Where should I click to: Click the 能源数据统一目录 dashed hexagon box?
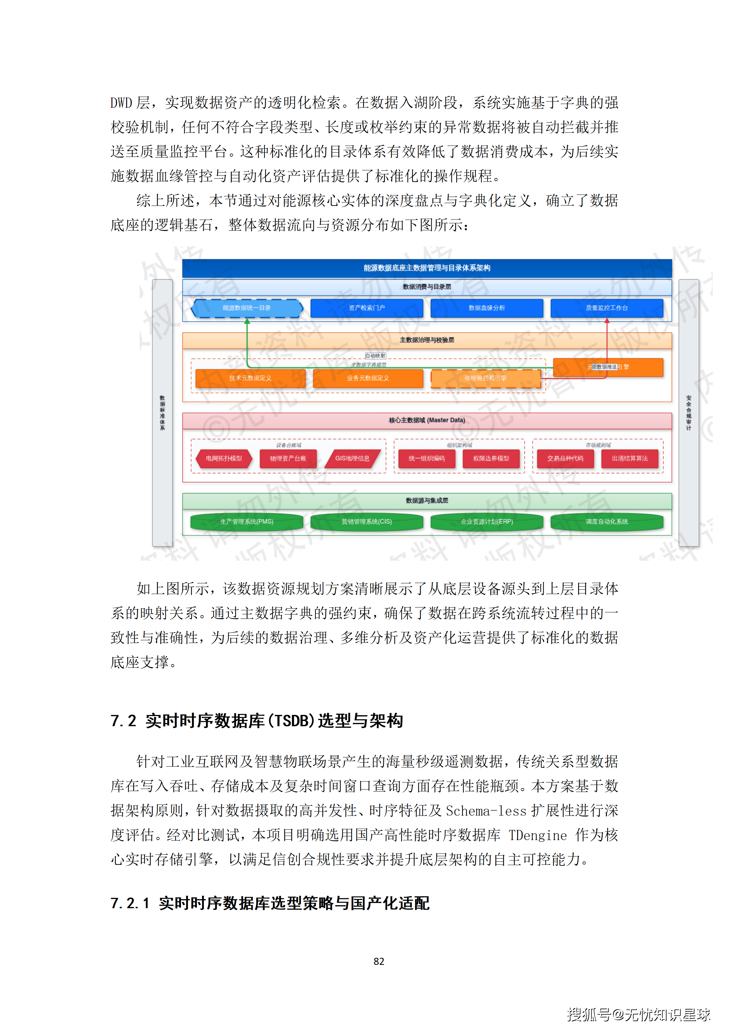[247, 308]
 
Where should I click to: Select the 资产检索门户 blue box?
[367, 308]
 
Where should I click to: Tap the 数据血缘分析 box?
[487, 308]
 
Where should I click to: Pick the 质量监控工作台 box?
[607, 308]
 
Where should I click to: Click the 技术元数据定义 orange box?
[250, 378]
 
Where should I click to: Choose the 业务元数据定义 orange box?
[368, 378]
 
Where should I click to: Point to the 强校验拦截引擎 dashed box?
[485, 378]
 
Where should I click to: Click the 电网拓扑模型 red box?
[224, 459]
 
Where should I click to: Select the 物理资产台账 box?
[288, 459]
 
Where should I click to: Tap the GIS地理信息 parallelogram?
[352, 459]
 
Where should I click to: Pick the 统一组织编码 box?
[427, 459]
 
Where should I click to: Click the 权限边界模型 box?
[491, 459]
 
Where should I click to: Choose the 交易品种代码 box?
[565, 459]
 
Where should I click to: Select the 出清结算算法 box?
[630, 459]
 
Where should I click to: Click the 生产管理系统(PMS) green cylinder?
[247, 522]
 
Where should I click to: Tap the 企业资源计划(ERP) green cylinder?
[487, 522]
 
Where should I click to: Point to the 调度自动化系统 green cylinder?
[607, 522]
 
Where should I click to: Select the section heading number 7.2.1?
[130, 903]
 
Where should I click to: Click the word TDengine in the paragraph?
[538, 835]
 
